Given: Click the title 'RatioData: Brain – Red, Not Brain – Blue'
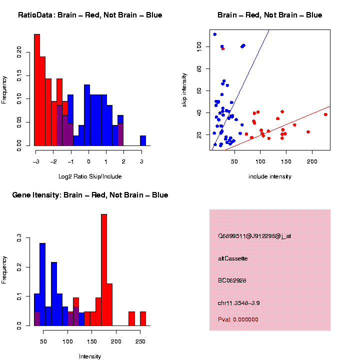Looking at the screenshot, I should tap(90, 15).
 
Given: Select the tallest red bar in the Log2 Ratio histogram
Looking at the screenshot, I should tap(37, 90).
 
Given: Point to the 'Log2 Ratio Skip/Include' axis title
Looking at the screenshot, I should tap(90, 176).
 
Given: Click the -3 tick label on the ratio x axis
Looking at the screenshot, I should tap(35, 161).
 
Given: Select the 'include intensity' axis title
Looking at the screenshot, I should tap(270, 176).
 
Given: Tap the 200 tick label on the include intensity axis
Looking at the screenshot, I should tap(311, 161).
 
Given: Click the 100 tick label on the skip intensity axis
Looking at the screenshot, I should tap(198, 45).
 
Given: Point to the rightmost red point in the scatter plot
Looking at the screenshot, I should tap(325, 114).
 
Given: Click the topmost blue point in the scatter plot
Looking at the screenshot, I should tap(214, 34).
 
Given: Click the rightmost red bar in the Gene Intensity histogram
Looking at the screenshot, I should tap(143, 318).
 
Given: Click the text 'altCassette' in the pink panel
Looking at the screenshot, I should tap(233, 258).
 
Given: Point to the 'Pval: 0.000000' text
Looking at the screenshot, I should tap(238, 319).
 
